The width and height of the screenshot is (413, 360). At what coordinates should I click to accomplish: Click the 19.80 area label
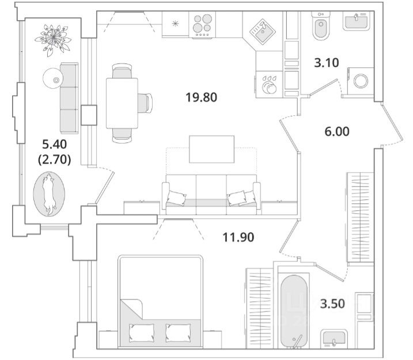pyautogui.click(x=201, y=97)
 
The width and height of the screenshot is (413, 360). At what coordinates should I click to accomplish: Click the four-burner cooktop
pyautogui.click(x=202, y=26)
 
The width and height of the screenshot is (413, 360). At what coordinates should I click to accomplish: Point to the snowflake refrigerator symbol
pyautogui.click(x=175, y=24)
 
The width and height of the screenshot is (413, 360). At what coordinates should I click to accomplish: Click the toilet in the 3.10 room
pyautogui.click(x=320, y=27)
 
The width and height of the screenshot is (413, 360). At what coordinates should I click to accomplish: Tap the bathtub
pyautogui.click(x=294, y=310)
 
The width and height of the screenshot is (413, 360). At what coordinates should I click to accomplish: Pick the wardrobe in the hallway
pyautogui.click(x=359, y=217)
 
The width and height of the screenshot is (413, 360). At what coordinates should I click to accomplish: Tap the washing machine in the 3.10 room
pyautogui.click(x=361, y=80)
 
